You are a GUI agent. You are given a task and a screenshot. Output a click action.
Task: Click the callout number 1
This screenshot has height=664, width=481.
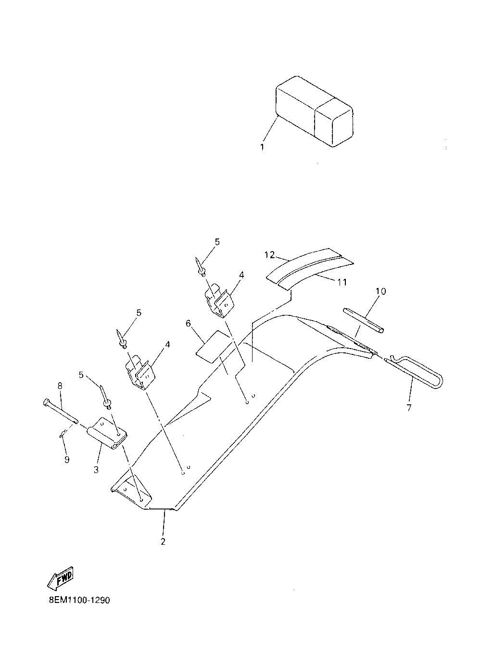click(262, 147)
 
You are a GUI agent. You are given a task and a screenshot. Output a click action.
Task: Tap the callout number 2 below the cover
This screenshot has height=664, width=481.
click(163, 541)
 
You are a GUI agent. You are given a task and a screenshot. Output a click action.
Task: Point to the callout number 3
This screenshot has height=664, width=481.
click(96, 469)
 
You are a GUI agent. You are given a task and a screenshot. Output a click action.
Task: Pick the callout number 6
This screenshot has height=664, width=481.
click(189, 324)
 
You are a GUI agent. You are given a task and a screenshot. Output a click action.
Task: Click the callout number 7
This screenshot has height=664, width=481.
click(409, 408)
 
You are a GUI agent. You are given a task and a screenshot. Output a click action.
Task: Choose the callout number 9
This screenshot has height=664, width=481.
click(67, 460)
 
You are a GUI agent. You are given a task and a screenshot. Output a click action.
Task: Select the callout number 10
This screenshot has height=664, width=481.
click(380, 291)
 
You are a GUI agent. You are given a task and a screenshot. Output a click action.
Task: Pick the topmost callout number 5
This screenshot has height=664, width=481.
click(217, 242)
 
